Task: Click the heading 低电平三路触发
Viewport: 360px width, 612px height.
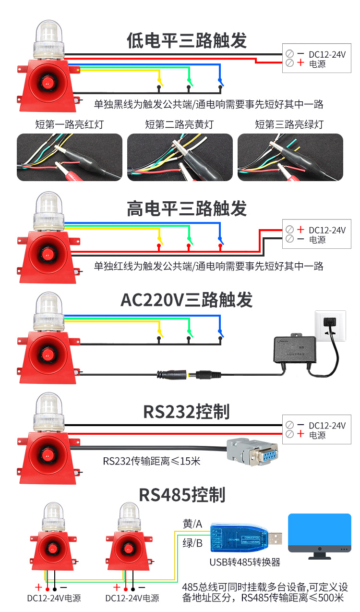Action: [x=187, y=41]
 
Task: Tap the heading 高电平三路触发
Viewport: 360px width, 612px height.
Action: [x=187, y=208]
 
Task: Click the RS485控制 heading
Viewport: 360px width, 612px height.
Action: [x=182, y=494]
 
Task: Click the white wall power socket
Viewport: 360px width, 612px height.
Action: [x=330, y=325]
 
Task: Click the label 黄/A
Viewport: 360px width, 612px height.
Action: [x=192, y=524]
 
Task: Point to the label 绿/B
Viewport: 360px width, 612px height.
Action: [x=192, y=543]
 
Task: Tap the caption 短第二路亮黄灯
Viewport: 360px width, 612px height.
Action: [x=180, y=125]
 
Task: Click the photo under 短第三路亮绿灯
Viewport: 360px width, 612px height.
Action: [x=290, y=157]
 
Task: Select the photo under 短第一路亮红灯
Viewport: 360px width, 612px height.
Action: [x=69, y=157]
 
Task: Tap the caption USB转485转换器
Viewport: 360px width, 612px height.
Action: [x=245, y=562]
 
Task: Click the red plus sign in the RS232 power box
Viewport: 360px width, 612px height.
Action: [x=301, y=434]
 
